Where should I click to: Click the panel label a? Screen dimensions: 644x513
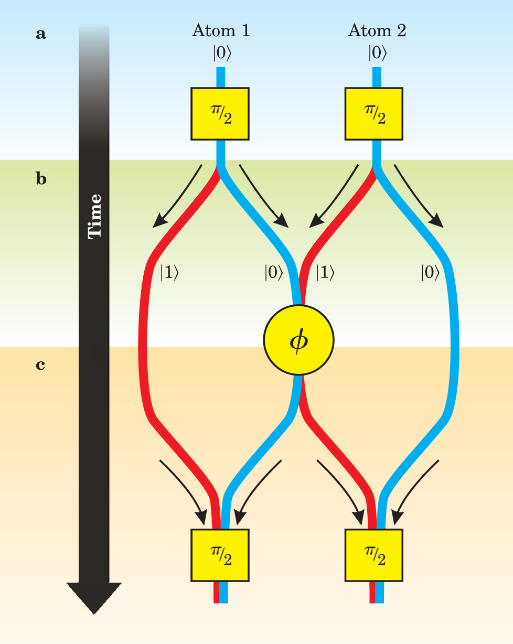[x=40, y=35]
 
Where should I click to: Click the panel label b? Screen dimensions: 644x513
[x=41, y=179]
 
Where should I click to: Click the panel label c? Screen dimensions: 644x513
[x=40, y=364]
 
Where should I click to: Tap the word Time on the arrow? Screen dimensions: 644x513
[x=94, y=216]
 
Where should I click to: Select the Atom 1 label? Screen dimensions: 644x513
[x=220, y=31]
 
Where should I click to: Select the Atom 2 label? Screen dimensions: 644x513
[x=377, y=31]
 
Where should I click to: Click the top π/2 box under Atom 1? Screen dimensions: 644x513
[x=220, y=114]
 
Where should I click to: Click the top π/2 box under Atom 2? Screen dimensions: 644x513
[x=374, y=114]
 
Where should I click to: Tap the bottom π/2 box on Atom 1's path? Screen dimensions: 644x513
[x=220, y=555]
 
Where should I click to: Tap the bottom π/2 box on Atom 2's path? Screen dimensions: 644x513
[x=374, y=555]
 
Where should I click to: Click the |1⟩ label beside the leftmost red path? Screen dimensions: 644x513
[x=169, y=273]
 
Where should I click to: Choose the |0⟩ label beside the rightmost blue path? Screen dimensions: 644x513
[x=430, y=273]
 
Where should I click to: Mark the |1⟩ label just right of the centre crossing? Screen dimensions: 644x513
[x=325, y=273]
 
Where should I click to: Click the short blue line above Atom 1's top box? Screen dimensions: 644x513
[x=221, y=77]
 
